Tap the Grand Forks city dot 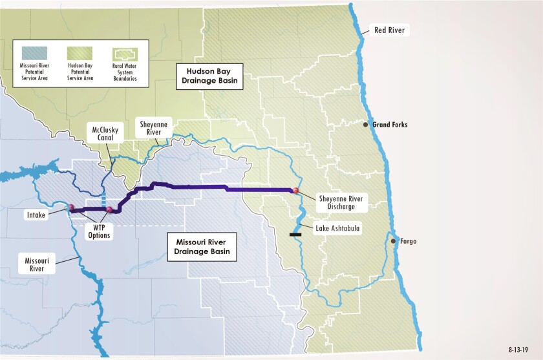coord(366,125)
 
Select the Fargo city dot coord(393,241)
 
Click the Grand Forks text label coord(390,125)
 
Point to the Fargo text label coord(409,241)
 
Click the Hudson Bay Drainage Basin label coord(209,77)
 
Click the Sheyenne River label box coord(154,127)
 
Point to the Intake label coord(36,215)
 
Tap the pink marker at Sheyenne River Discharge coord(296,191)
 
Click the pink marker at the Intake coord(72,208)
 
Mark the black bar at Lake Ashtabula coord(297,234)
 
